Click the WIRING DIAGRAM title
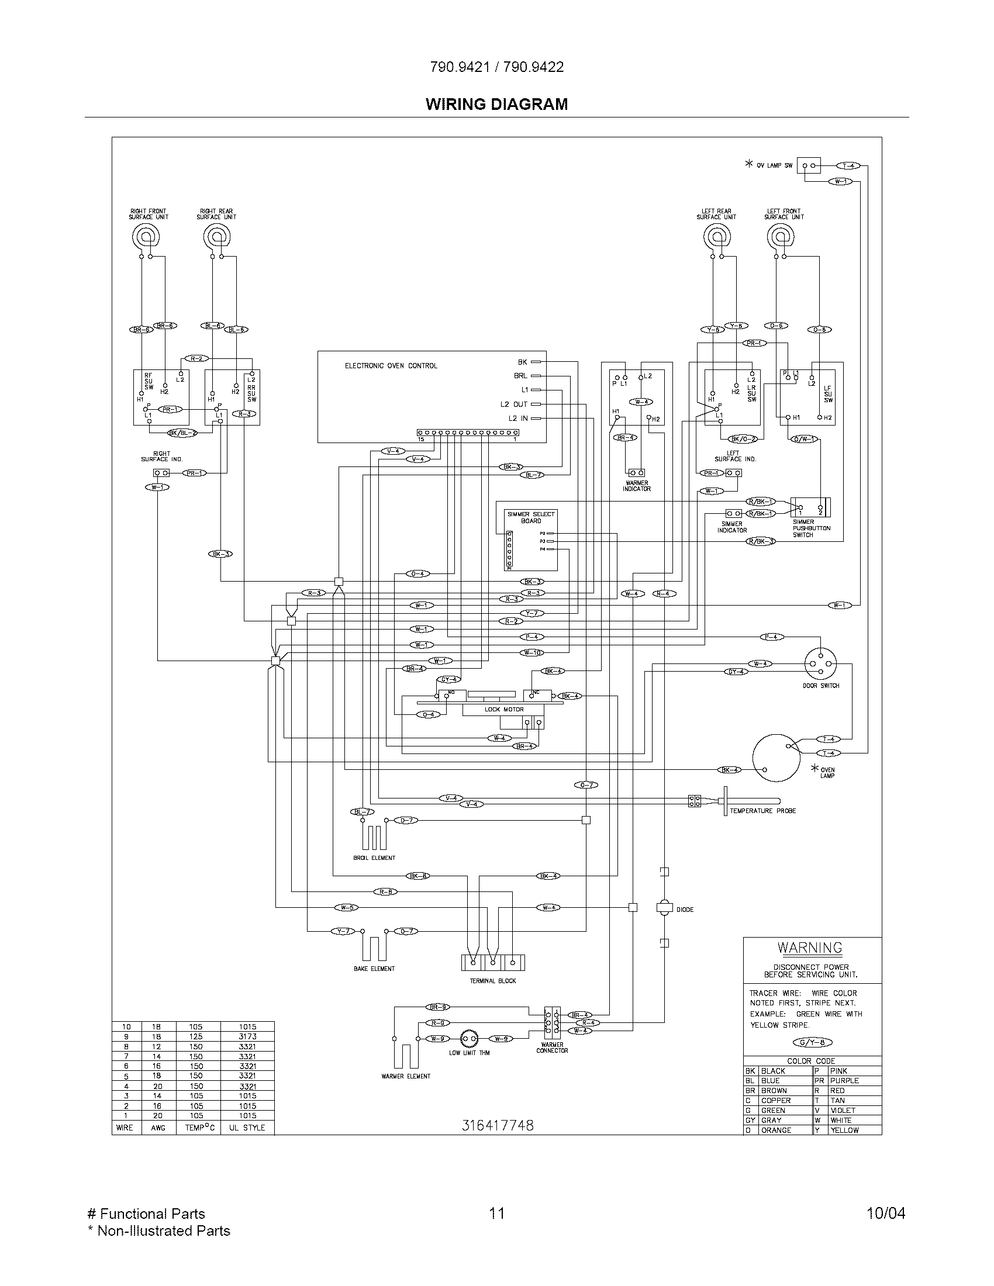(496, 104)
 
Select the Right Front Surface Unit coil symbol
(145, 237)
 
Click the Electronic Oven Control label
(391, 366)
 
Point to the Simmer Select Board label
(530, 517)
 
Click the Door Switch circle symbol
(820, 663)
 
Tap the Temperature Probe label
(762, 811)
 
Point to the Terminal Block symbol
(492, 962)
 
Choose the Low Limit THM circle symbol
(469, 1039)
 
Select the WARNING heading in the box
(810, 948)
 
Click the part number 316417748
(497, 1125)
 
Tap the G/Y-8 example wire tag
(813, 1043)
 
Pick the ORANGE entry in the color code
(776, 1130)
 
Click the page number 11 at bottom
(497, 1213)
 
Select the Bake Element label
(374, 969)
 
